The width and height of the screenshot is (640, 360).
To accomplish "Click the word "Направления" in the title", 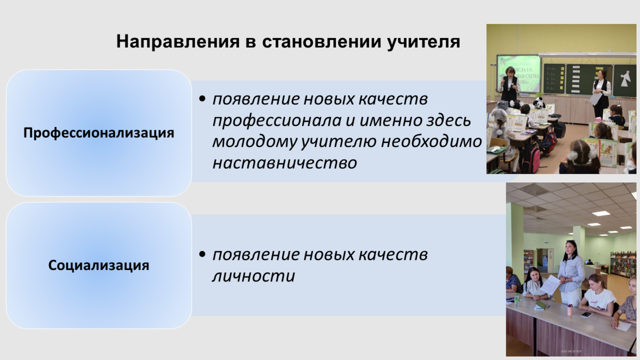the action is point(178,42).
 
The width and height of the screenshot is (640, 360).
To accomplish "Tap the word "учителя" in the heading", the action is point(423,42).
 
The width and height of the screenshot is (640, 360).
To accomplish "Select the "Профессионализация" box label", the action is point(99,133).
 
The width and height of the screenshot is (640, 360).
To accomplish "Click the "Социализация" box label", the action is point(99,265).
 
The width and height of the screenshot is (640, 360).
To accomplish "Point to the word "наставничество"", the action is point(285,163).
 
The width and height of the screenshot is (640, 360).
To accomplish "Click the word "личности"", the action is point(254,276).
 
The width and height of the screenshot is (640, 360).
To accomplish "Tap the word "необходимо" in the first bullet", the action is point(432,141).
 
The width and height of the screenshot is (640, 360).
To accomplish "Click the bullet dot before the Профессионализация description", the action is point(202,99).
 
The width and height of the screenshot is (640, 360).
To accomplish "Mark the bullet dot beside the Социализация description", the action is point(202,254).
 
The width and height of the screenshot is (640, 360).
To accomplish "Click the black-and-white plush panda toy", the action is point(539,103).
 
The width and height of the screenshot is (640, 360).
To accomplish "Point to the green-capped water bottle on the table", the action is point(516,300).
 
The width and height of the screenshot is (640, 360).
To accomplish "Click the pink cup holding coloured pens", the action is point(569,310).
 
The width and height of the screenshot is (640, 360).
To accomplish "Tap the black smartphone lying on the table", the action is point(586,315).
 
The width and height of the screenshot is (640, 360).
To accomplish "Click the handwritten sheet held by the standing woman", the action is point(549,284).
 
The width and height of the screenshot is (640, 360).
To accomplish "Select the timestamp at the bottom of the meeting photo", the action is point(571,351).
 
